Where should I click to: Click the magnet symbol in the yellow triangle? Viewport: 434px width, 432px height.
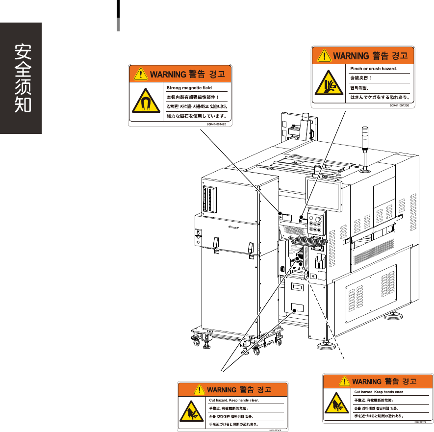click(145, 102)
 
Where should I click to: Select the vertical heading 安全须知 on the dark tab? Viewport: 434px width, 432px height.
click(21, 78)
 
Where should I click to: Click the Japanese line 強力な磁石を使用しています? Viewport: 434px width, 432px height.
click(196, 116)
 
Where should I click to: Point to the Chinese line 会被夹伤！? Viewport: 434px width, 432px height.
click(361, 78)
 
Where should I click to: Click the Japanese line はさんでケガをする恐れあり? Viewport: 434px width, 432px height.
click(380, 97)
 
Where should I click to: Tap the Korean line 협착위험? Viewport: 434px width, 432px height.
click(359, 88)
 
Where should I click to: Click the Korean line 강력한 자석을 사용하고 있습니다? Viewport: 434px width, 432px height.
click(197, 106)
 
